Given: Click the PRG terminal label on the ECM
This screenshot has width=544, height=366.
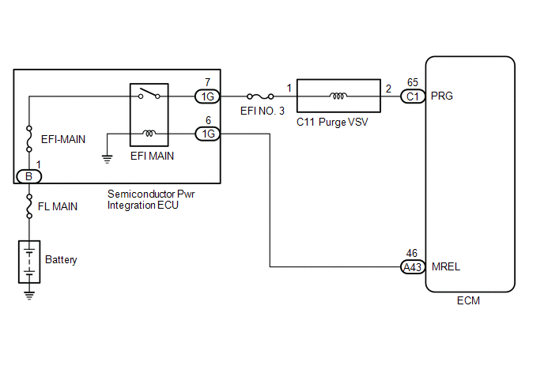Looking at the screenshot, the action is [x=442, y=96].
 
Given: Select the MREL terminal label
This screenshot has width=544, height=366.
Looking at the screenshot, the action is [x=446, y=266].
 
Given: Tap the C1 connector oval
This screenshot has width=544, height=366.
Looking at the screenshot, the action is [x=413, y=96].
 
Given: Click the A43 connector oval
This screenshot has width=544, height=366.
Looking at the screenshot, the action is [x=413, y=267].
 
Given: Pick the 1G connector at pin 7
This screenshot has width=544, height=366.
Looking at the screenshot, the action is [x=207, y=96].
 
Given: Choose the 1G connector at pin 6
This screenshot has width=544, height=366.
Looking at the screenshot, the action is [x=207, y=134].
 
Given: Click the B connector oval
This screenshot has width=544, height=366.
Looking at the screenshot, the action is [x=28, y=176].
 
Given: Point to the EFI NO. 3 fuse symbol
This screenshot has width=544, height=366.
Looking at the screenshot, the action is [x=260, y=96].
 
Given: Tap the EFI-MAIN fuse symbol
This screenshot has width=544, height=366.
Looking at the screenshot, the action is [x=29, y=139].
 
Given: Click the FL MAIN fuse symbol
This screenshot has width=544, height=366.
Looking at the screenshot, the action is [x=29, y=206].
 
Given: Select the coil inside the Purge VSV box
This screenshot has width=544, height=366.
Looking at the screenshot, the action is [x=338, y=96].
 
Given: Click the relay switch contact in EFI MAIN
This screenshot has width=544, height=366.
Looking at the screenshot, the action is [x=149, y=93].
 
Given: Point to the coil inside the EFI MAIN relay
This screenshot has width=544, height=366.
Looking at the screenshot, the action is [x=149, y=134].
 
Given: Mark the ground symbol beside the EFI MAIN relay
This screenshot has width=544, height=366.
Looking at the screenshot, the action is [x=108, y=159].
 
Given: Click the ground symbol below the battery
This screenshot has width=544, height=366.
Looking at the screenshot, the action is [x=29, y=296].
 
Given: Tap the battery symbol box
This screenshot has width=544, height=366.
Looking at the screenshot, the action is [x=29, y=262].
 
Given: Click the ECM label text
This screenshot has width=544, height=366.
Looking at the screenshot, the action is [x=468, y=300].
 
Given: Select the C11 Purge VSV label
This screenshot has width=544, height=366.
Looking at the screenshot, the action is [x=332, y=122].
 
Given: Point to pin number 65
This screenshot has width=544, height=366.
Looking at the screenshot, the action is [x=413, y=82].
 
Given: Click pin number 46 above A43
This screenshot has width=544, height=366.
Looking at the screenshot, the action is [x=412, y=253].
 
